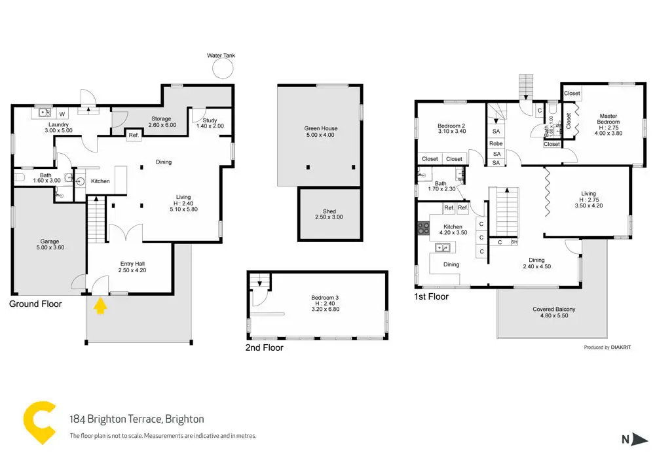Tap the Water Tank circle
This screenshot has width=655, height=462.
pos(223,69)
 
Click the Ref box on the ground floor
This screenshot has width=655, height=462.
pos(133,135)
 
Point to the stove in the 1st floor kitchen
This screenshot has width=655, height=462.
pos(423,228)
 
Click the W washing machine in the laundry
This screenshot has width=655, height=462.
pos(63,113)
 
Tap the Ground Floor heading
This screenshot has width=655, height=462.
pos(35,304)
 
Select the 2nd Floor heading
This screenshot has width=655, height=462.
pos(264,347)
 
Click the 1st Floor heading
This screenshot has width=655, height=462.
pos(432,296)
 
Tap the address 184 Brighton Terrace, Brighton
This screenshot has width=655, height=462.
pos(137,419)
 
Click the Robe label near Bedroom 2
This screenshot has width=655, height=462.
pos(496,143)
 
